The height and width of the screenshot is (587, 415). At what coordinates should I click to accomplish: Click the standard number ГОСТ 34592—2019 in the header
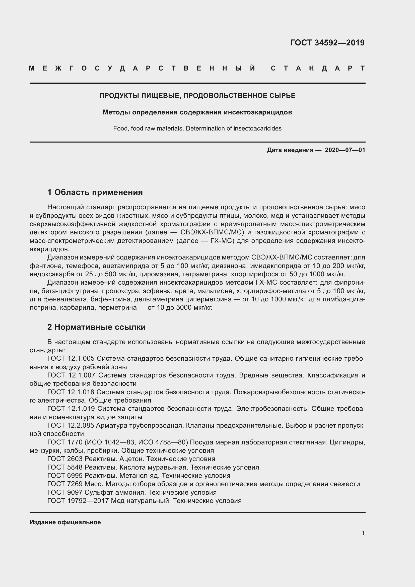click(x=327, y=43)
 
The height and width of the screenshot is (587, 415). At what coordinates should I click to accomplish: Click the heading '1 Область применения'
click(x=95, y=192)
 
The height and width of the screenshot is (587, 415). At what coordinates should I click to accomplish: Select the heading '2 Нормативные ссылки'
click(x=96, y=327)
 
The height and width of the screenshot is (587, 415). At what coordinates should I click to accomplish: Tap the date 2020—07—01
click(x=345, y=150)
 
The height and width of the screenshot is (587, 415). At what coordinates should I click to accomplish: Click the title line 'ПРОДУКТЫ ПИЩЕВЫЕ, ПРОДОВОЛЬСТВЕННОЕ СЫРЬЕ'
click(x=197, y=96)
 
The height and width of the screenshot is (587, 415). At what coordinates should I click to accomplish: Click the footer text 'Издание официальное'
click(x=65, y=522)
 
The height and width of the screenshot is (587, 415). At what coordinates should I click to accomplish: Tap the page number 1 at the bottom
click(x=363, y=533)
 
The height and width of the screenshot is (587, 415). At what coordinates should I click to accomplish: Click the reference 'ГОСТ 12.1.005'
click(x=71, y=358)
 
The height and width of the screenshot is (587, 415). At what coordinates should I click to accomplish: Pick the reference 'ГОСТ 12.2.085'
click(x=71, y=425)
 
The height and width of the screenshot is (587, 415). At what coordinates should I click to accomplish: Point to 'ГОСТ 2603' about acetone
click(x=65, y=459)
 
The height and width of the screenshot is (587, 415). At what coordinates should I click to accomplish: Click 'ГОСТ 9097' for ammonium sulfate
click(x=65, y=492)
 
